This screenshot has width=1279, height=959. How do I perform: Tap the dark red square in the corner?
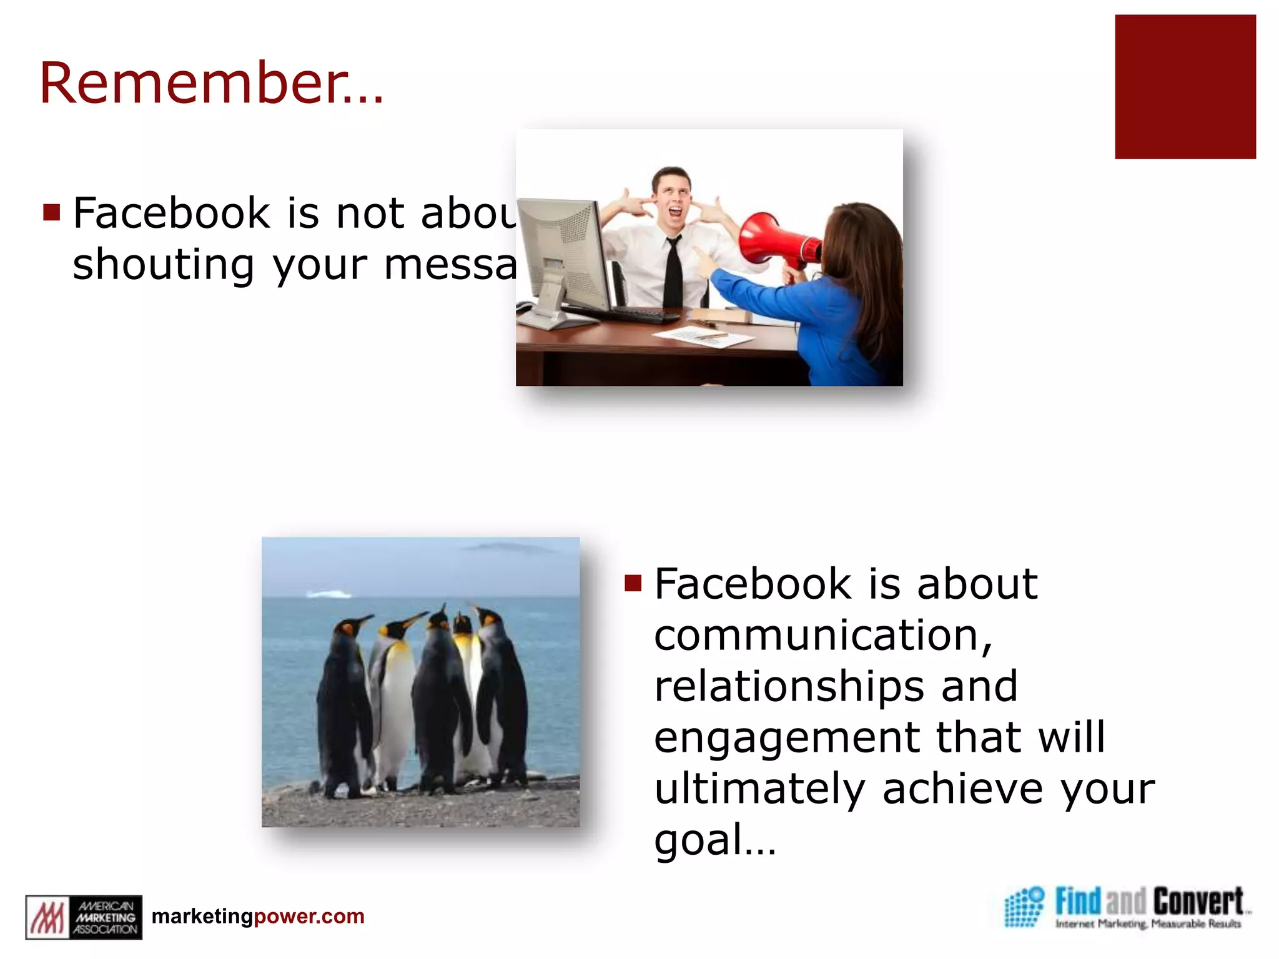1185,87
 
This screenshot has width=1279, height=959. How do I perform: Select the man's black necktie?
673,275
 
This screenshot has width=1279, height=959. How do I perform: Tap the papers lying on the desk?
703,337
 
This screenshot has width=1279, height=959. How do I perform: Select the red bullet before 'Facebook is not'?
52,213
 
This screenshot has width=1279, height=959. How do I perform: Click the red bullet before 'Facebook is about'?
633,583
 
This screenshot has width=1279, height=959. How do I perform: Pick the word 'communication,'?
823,635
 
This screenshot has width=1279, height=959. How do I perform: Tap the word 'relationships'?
789,686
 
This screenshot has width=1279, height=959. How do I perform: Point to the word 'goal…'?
714,840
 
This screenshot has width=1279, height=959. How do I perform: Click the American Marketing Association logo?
84,917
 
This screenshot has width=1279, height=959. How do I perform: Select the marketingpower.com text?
258,916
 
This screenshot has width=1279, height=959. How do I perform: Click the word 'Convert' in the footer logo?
1197,902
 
